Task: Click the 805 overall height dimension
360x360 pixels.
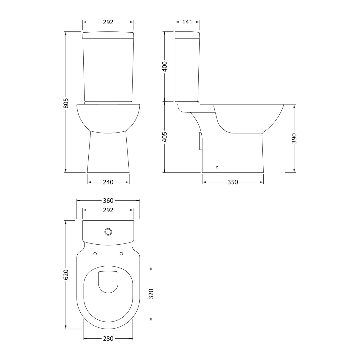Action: (66, 103)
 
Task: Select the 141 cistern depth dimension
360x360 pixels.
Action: (187, 22)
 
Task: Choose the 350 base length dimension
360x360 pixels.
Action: (232, 182)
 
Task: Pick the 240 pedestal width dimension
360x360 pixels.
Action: (108, 182)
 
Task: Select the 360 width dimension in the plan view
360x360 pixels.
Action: (108, 201)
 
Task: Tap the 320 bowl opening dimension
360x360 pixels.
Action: (151, 294)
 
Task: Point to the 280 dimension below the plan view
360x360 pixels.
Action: (108, 338)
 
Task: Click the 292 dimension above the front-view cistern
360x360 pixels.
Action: (108, 22)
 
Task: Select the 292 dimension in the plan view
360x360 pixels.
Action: (108, 210)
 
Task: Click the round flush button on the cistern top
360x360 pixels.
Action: (108, 231)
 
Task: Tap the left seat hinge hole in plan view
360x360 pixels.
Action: (95, 254)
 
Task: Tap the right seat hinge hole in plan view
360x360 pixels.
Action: (121, 254)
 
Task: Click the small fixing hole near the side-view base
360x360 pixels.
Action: (217, 168)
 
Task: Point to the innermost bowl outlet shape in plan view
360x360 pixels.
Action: (108, 282)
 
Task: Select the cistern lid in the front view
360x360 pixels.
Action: (108, 35)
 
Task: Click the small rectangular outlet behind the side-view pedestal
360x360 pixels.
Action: (200, 141)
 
